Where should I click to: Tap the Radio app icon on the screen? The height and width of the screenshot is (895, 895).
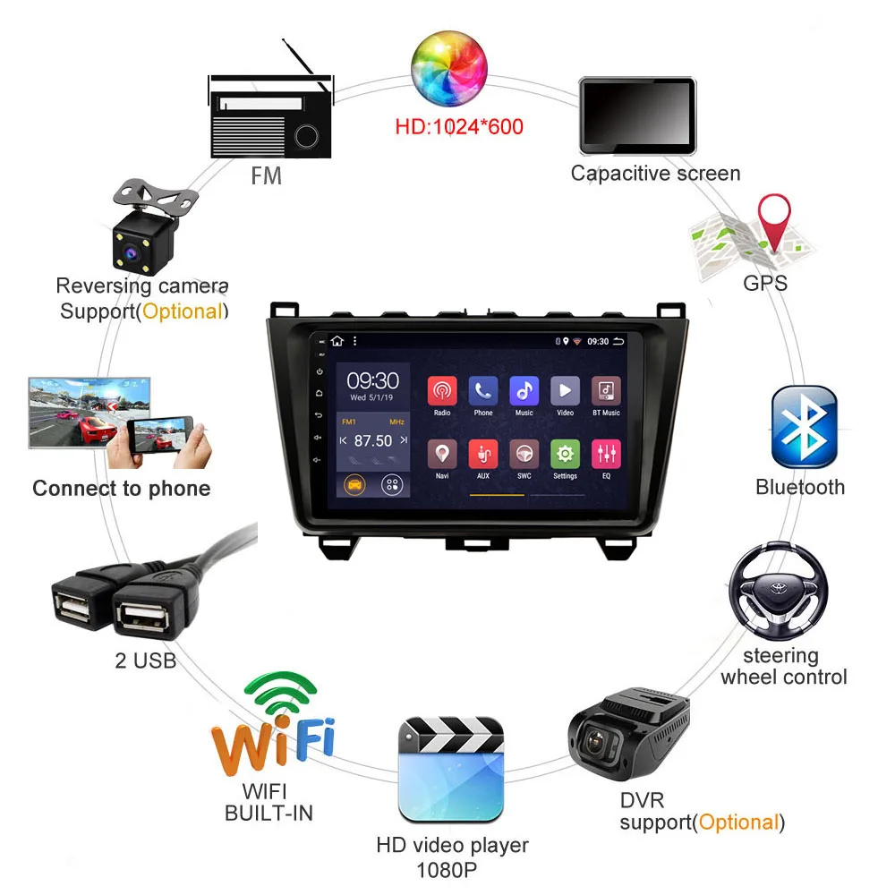[442, 390]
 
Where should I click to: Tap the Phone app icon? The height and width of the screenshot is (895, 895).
[483, 390]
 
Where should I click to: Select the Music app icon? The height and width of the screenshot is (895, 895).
[524, 390]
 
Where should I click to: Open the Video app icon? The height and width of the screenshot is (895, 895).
[565, 390]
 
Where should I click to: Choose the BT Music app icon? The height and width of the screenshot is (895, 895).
[606, 390]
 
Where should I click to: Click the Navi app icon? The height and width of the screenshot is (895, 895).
[442, 454]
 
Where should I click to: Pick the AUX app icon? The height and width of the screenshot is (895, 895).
[483, 454]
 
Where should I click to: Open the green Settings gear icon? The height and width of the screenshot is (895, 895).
[565, 454]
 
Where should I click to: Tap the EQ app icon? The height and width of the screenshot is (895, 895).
[606, 454]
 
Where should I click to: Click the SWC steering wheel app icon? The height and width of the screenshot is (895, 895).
[524, 454]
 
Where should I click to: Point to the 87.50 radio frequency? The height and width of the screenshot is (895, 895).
[373, 440]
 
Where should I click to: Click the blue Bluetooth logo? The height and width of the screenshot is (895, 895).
[804, 427]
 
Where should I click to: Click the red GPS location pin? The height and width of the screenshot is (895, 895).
[774, 222]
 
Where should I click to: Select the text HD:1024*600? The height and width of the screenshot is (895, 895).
[459, 126]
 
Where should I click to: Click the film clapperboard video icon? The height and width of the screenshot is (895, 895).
[450, 769]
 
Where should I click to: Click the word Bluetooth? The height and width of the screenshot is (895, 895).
[800, 487]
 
